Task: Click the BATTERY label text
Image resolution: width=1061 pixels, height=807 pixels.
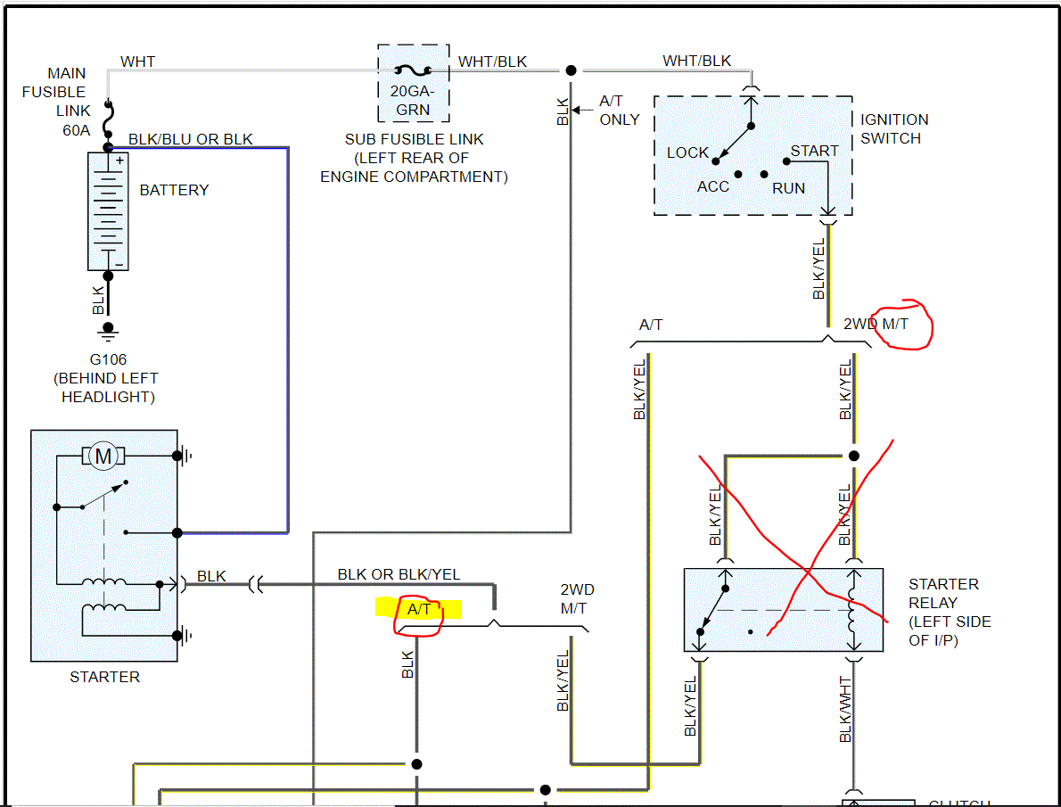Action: click(174, 190)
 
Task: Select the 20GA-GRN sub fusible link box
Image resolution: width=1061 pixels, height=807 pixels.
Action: click(413, 83)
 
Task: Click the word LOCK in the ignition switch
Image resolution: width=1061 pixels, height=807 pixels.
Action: click(687, 152)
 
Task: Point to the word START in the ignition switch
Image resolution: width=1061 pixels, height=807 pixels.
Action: click(814, 151)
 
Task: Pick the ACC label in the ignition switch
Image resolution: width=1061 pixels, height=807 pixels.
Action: click(712, 186)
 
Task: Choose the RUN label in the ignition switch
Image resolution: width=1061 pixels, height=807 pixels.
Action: click(789, 188)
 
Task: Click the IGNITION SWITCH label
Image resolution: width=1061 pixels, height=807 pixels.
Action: click(893, 128)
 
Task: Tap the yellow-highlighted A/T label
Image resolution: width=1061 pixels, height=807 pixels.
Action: click(419, 610)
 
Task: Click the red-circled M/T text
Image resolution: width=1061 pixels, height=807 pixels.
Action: click(894, 324)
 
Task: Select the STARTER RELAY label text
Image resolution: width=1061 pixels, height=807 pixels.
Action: click(950, 612)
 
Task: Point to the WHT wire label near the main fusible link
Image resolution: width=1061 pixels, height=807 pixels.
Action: click(137, 62)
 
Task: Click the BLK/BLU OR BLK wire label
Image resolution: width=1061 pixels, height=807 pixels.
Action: click(191, 139)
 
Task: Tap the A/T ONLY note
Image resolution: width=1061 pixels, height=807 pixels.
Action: click(619, 110)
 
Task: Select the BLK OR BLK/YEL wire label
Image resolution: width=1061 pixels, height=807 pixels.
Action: click(399, 574)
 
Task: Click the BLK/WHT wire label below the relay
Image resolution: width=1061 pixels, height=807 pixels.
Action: click(846, 709)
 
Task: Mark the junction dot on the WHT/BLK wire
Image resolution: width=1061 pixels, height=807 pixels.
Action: click(571, 70)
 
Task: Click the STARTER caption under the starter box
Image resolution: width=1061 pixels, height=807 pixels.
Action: click(104, 677)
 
